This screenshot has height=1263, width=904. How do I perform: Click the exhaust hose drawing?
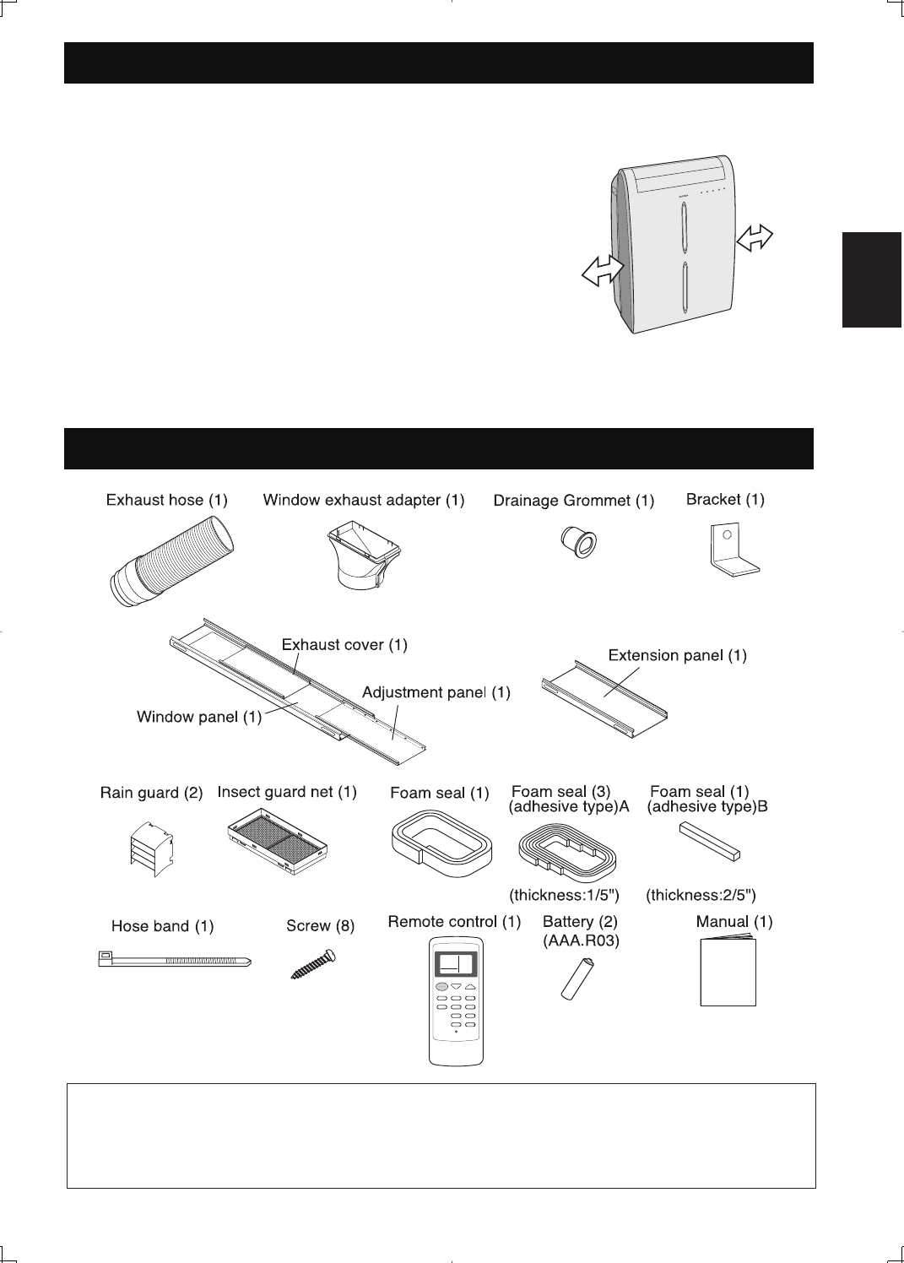click(172, 560)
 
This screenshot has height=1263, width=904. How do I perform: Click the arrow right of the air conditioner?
click(755, 236)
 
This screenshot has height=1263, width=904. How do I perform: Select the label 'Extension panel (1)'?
click(677, 655)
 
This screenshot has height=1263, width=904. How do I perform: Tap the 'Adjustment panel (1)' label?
click(436, 693)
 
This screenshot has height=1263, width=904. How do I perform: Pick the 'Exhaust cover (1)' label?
click(344, 645)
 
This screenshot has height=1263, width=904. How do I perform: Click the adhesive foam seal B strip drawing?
click(711, 841)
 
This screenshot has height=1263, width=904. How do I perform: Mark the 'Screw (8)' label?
click(321, 926)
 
